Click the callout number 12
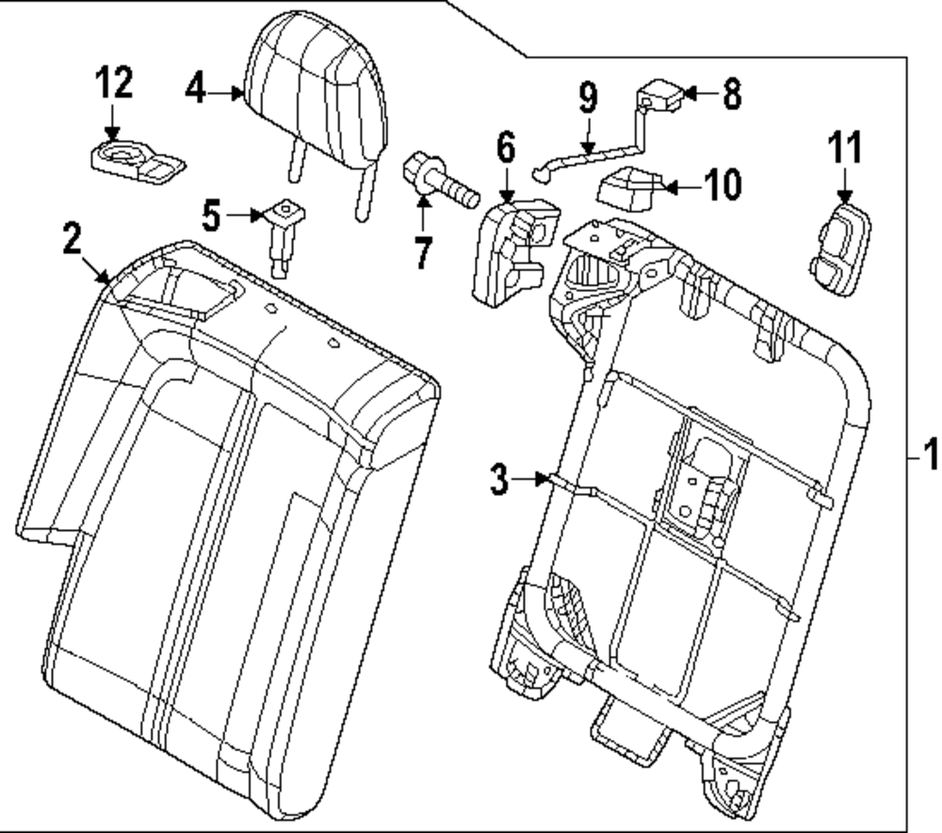[112, 85]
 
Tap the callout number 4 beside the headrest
[194, 90]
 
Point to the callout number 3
[500, 478]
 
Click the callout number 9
[588, 97]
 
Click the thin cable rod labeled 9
[593, 156]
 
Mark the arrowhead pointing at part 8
[687, 93]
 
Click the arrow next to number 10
[671, 187]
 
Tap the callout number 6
[506, 147]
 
